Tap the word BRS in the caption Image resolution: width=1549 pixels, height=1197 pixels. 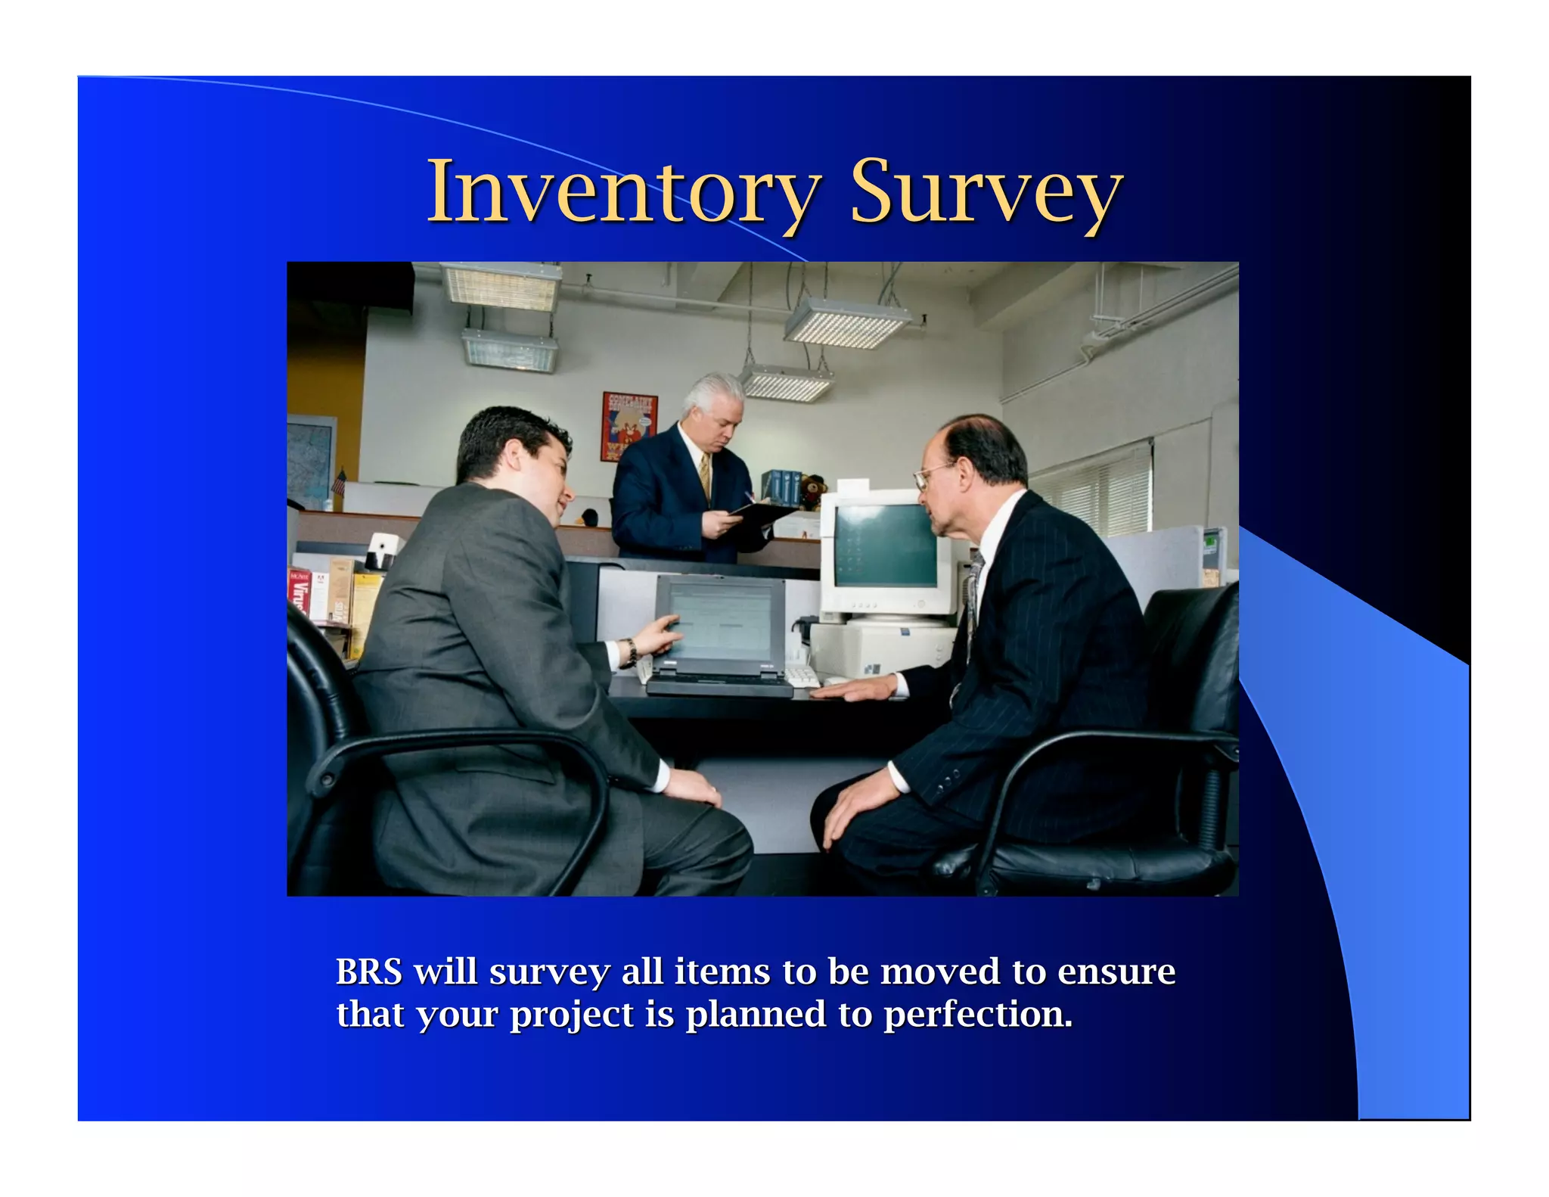pyautogui.click(x=368, y=972)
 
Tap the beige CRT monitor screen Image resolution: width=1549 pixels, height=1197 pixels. pyautogui.click(x=885, y=545)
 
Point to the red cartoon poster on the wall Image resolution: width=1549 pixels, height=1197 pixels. pyautogui.click(x=629, y=425)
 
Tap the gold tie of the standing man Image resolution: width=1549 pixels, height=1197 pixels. pyautogui.click(x=705, y=477)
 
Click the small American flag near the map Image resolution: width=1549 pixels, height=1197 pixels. pyautogui.click(x=340, y=481)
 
